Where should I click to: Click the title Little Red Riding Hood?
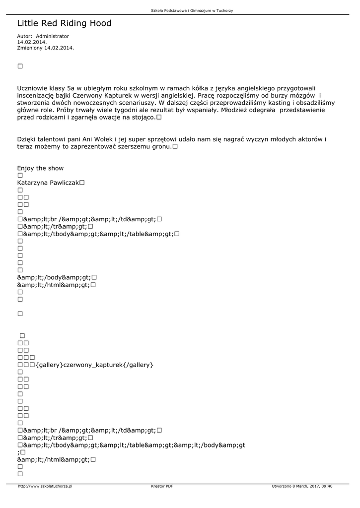(x=64, y=23)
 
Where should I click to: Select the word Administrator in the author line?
(x=53, y=36)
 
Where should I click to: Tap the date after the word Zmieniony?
(x=59, y=48)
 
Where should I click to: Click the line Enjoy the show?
(x=40, y=168)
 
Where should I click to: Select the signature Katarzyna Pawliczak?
(x=48, y=183)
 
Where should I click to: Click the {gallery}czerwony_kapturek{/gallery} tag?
(x=94, y=365)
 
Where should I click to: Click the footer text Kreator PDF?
(x=162, y=486)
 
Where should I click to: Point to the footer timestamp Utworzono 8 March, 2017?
(x=302, y=486)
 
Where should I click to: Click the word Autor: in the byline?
(x=25, y=36)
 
